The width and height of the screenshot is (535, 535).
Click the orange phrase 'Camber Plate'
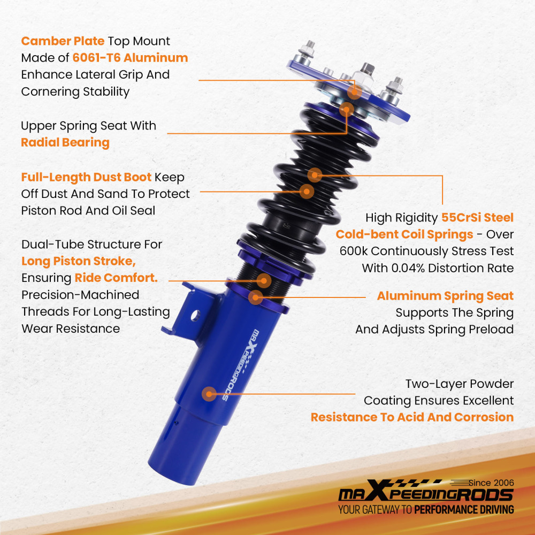[63, 41]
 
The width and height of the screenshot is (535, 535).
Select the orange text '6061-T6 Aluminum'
[130, 58]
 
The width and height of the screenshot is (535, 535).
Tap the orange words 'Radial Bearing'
[65, 143]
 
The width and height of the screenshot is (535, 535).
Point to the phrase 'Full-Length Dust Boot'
[86, 177]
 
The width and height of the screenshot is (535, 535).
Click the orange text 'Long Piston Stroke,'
[79, 261]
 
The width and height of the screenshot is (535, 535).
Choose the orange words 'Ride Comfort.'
[116, 278]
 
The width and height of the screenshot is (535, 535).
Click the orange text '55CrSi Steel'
[477, 217]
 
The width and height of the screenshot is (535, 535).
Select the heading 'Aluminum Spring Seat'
[445, 296]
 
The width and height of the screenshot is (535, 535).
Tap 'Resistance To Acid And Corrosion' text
[412, 417]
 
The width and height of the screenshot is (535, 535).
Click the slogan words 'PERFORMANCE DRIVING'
[464, 509]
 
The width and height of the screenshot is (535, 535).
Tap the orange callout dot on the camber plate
[355, 92]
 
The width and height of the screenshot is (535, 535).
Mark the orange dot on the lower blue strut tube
[209, 394]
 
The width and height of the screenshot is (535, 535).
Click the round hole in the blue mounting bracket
[195, 315]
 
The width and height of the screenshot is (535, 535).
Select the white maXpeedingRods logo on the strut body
[242, 364]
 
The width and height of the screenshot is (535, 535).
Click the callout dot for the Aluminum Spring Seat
[256, 297]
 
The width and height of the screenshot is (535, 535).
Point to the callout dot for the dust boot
[307, 192]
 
